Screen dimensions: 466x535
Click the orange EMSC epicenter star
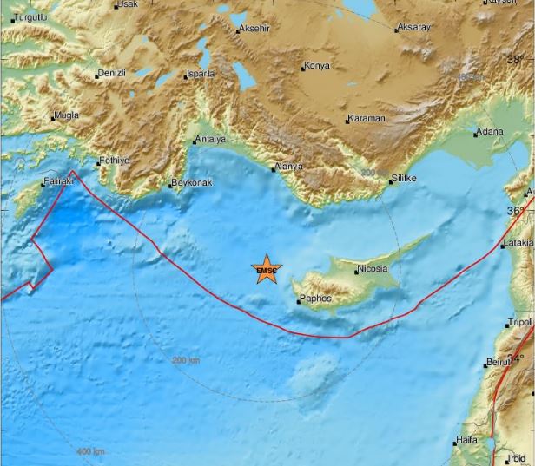(x=267, y=271)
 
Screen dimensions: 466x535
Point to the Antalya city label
(x=211, y=139)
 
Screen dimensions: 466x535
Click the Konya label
(x=316, y=66)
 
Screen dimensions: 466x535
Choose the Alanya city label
(x=290, y=166)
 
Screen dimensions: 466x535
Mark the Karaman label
(x=366, y=118)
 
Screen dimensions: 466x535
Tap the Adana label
(x=489, y=133)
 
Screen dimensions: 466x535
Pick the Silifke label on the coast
(x=404, y=178)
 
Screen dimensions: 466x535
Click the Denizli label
(x=112, y=74)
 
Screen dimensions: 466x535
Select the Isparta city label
(x=200, y=74)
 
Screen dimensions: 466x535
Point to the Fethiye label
(x=114, y=161)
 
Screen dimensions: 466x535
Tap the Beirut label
(x=499, y=361)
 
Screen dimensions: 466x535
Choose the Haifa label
(x=466, y=440)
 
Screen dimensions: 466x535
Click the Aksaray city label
(x=414, y=28)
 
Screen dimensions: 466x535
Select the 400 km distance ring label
(x=90, y=451)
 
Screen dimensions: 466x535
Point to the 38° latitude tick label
(x=516, y=60)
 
